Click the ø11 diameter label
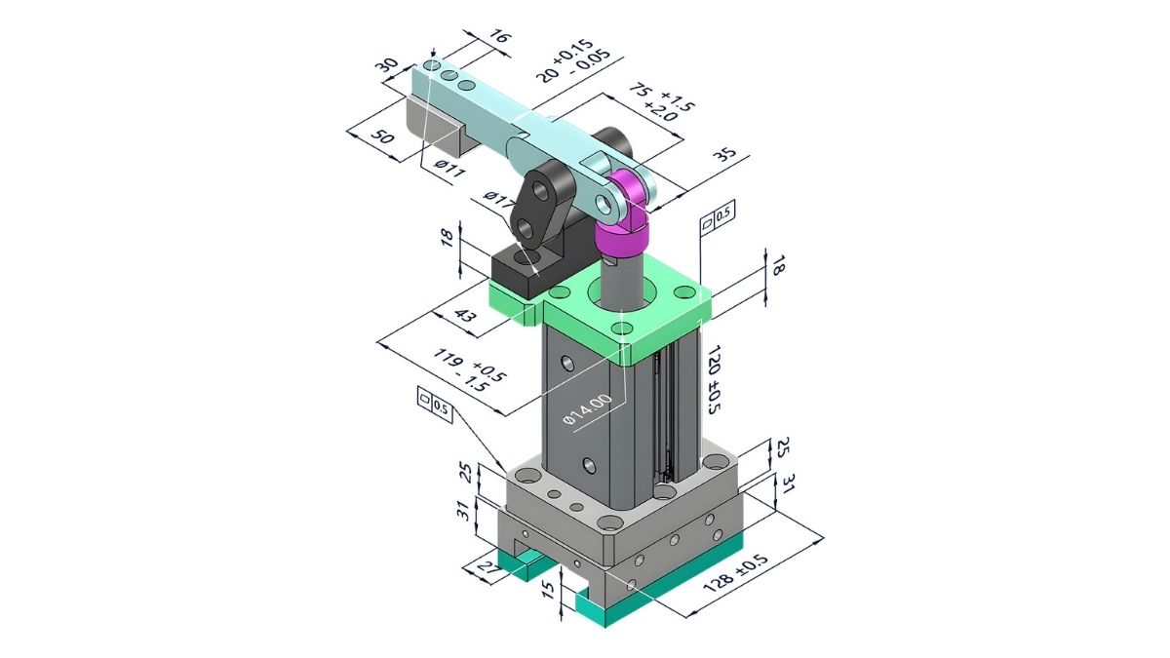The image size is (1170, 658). click(449, 168)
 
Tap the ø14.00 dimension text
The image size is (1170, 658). click(588, 411)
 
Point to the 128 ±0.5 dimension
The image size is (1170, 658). click(735, 573)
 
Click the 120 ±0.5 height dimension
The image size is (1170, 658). click(713, 378)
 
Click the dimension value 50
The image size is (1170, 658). click(383, 137)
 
